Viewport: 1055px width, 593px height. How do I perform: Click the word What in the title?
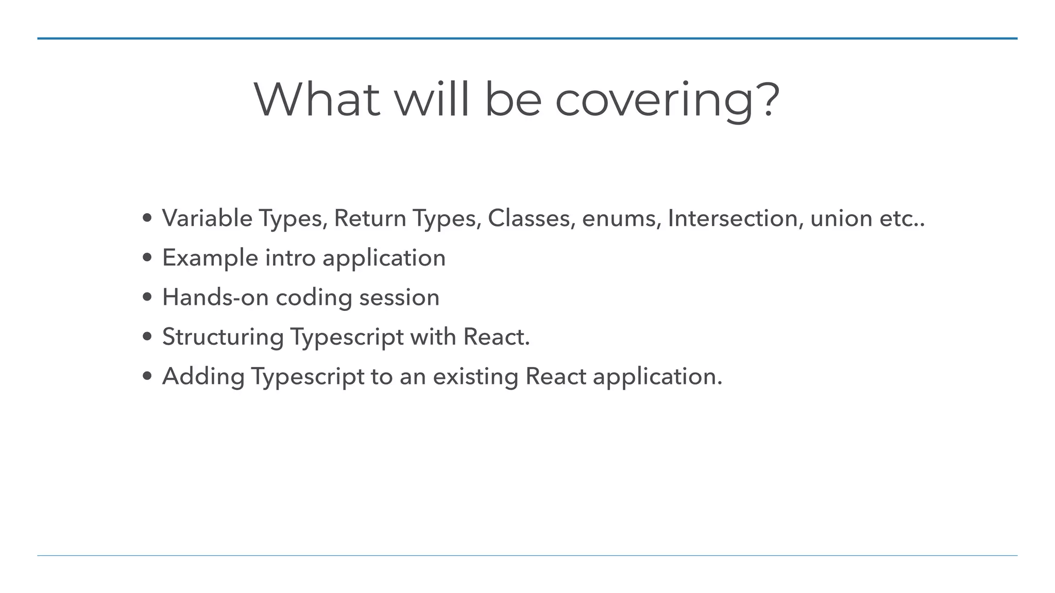[317, 99]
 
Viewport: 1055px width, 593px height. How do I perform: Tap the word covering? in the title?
[668, 101]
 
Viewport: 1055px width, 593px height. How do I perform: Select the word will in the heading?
[432, 99]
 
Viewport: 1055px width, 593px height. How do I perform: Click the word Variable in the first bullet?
[207, 218]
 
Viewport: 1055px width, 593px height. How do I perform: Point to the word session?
[399, 298]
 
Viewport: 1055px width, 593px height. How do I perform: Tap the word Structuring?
[223, 337]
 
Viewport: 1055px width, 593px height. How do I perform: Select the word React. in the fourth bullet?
[497, 337]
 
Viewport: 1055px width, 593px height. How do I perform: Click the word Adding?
[203, 376]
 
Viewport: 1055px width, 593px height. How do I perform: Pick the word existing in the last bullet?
[475, 376]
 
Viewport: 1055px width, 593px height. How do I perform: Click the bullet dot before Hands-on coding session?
[148, 298]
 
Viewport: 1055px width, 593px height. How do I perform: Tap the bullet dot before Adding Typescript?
[148, 376]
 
